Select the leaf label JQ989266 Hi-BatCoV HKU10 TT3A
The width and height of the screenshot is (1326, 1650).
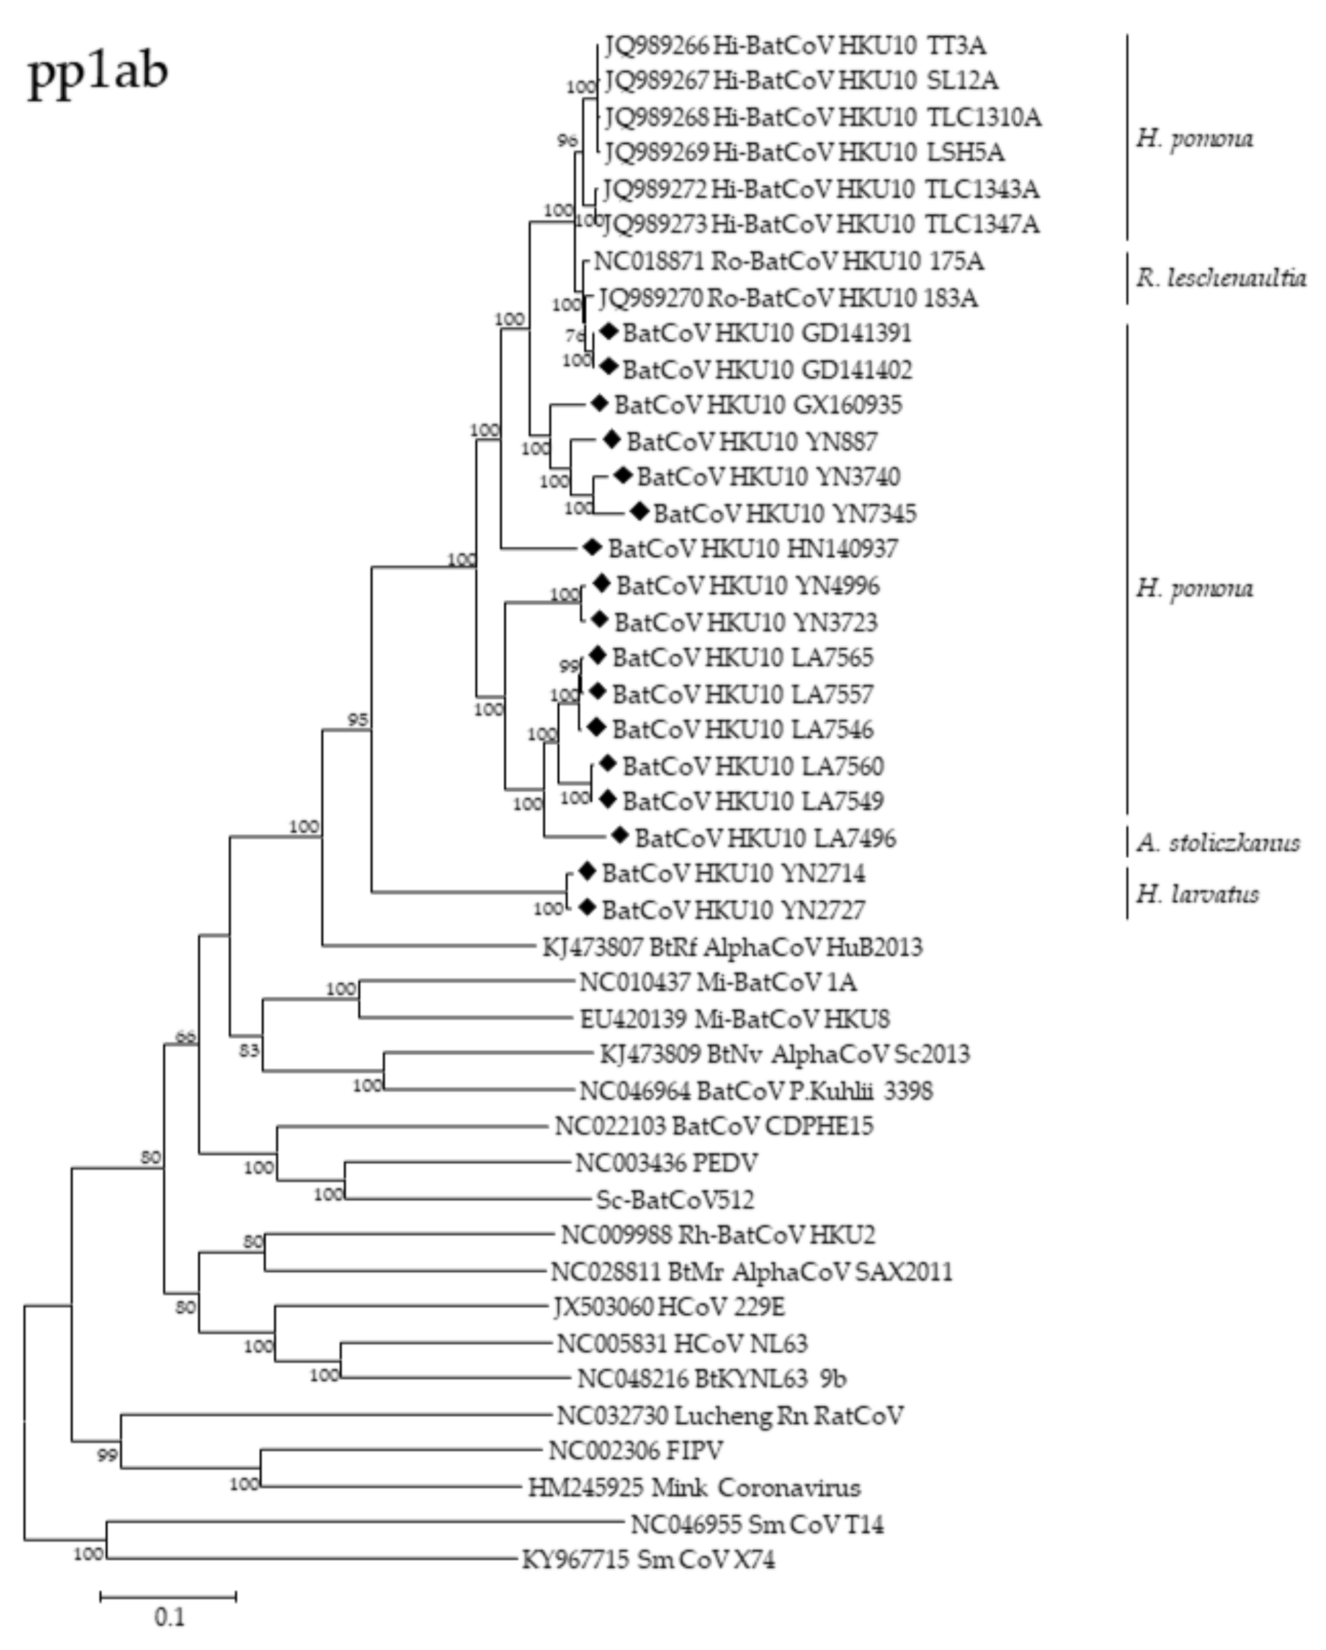click(x=794, y=46)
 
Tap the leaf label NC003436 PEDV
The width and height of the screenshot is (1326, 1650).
click(x=666, y=1162)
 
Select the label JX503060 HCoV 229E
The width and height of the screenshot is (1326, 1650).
click(x=669, y=1307)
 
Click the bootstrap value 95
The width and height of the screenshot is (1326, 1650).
click(x=357, y=719)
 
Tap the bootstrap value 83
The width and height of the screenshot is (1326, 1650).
click(x=248, y=1051)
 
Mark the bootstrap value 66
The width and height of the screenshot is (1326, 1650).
click(x=186, y=1037)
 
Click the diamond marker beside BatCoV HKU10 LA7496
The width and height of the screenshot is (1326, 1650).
click(x=619, y=836)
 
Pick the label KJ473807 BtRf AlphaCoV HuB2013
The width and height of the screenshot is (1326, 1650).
click(x=732, y=947)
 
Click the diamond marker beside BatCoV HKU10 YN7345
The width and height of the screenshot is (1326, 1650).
click(x=639, y=511)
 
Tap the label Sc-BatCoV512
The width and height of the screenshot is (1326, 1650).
click(x=675, y=1199)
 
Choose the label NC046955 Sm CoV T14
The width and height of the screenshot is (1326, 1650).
click(x=757, y=1524)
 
